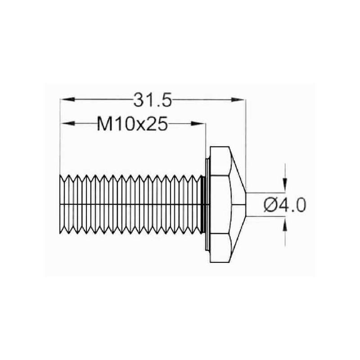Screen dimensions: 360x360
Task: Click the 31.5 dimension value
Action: [x=153, y=100]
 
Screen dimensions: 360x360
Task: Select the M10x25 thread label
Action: [x=132, y=124]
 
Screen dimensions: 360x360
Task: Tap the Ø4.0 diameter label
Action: [x=285, y=205]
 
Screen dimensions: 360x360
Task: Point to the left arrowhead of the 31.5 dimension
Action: [x=67, y=99]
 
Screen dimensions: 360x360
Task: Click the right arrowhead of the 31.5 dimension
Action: [x=238, y=99]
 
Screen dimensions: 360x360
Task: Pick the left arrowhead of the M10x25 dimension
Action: [x=67, y=123]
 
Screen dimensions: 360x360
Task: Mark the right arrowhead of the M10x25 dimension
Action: [x=198, y=123]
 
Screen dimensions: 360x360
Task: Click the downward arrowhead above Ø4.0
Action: [x=285, y=185]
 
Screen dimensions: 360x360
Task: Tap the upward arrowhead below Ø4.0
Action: [x=285, y=224]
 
